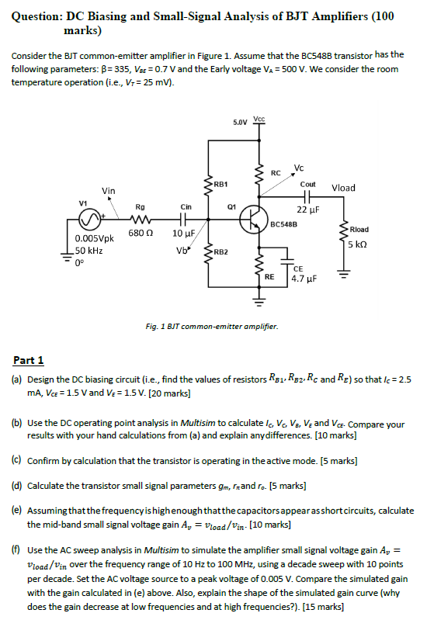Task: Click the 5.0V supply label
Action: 241,123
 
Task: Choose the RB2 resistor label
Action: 220,252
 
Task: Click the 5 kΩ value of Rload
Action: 357,244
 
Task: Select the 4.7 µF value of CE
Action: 301,278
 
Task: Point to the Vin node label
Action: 109,191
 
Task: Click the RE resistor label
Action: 269,275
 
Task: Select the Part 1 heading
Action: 29,360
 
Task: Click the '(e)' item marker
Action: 16,512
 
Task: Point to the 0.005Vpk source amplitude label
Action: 96,240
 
